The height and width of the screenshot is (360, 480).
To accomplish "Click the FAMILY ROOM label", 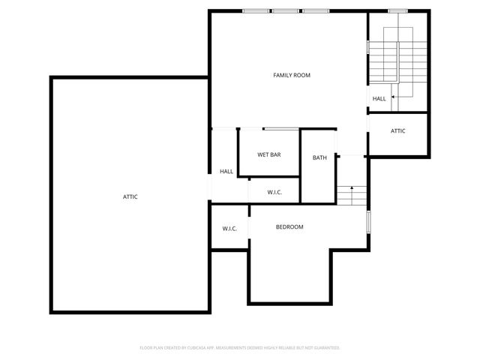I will [x=291, y=75].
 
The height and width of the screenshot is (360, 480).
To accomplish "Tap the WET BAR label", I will [x=268, y=154].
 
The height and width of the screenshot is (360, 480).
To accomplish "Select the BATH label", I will [x=319, y=157].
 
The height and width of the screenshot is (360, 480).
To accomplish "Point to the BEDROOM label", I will [x=289, y=226].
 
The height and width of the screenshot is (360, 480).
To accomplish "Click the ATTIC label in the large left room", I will [x=130, y=196].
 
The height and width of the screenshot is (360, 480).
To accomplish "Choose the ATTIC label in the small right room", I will [x=398, y=130].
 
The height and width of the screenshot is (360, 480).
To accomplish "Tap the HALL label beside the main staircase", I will [x=379, y=98].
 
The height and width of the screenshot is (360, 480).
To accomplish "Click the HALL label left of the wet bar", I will [x=226, y=172].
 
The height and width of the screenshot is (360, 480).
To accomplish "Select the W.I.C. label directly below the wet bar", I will [x=274, y=193].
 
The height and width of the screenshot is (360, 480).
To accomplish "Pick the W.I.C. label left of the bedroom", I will [x=229, y=229].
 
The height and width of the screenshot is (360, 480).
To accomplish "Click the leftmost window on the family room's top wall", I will [x=256, y=10].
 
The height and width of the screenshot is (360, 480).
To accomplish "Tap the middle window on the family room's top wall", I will [x=284, y=10].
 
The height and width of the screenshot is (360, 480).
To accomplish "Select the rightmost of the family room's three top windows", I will [x=313, y=10].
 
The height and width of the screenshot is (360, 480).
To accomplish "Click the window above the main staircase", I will [x=397, y=10].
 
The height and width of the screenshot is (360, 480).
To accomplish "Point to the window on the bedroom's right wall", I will [x=368, y=221].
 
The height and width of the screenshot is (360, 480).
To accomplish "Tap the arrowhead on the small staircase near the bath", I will [x=352, y=186].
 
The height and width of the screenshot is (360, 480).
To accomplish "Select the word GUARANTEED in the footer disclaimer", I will [x=324, y=348].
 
